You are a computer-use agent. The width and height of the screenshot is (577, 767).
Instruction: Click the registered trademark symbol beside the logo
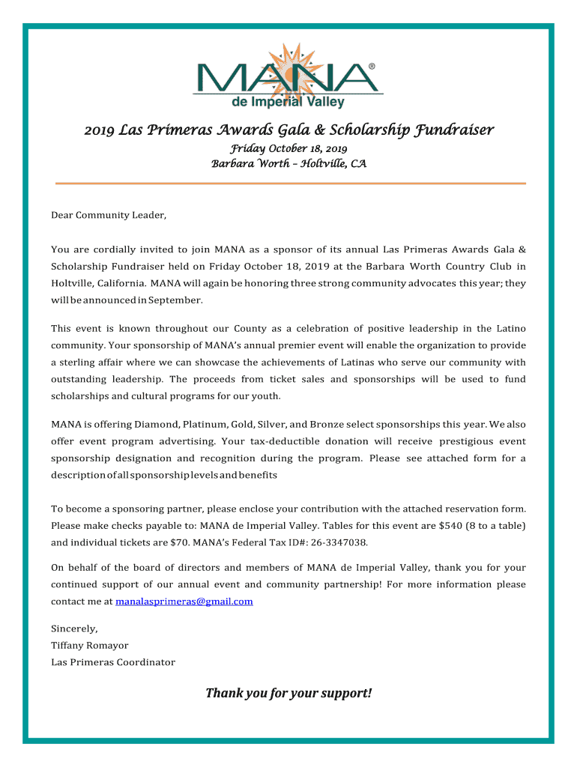[372, 67]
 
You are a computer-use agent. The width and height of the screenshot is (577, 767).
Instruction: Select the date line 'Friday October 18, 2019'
[288, 149]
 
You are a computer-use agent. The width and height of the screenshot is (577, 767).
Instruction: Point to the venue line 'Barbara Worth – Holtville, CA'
[288, 163]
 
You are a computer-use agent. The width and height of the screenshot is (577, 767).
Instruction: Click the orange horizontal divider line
[291, 184]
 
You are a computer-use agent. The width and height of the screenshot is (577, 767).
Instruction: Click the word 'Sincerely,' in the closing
[74, 628]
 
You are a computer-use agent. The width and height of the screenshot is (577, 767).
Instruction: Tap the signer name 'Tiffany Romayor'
[89, 645]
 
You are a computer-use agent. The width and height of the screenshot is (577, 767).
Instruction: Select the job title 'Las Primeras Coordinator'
[113, 662]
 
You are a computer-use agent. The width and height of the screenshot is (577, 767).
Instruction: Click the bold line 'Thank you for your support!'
[288, 694]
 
